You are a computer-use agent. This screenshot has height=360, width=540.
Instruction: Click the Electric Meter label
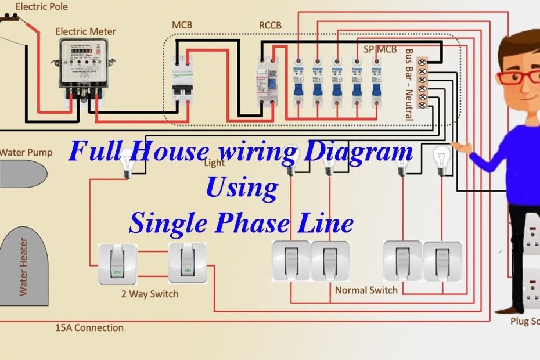pyautogui.click(x=85, y=31)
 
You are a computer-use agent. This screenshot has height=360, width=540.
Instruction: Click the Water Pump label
pyautogui.click(x=26, y=153)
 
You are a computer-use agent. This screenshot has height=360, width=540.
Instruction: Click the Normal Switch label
pyautogui.click(x=366, y=289)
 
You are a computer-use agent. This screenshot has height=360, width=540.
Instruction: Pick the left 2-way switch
pyautogui.click(x=118, y=263)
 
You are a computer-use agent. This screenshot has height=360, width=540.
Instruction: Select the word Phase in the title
pyautogui.click(x=269, y=222)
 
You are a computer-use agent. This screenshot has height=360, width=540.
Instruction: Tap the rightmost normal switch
pyautogui.click(x=442, y=261)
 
